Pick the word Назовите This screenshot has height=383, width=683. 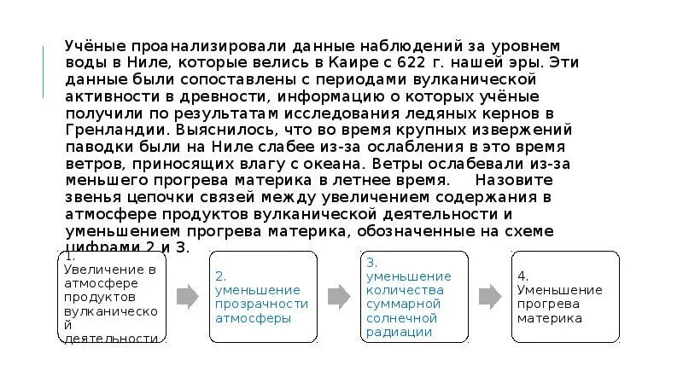pos(515,180)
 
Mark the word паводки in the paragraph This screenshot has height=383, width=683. pos(96,147)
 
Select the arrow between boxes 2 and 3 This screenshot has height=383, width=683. pos(339,296)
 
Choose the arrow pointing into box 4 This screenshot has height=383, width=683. pos(489,296)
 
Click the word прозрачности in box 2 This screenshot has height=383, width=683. pos(261,304)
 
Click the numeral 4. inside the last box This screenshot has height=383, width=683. pos(522,276)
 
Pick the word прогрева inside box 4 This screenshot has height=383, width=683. pos(546,304)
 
